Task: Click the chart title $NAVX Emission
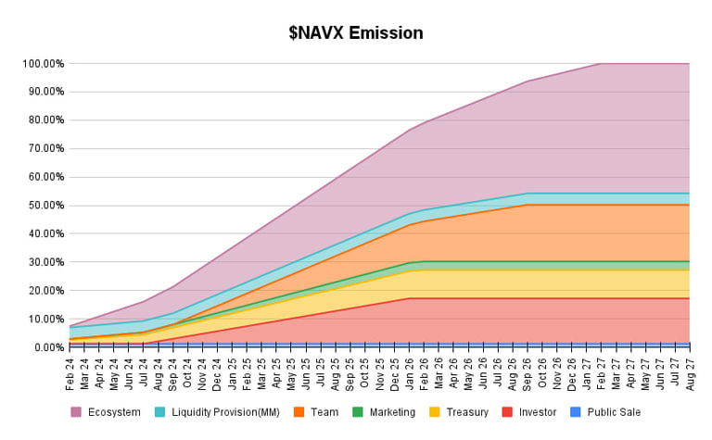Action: click(356, 33)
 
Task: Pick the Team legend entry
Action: click(324, 412)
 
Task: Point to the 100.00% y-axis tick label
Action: click(43, 64)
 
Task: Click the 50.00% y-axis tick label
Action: click(44, 206)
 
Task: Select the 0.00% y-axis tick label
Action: click(47, 347)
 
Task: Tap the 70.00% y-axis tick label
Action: click(44, 149)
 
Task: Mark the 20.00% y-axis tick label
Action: click(44, 291)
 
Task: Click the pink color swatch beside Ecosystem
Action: click(76, 412)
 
